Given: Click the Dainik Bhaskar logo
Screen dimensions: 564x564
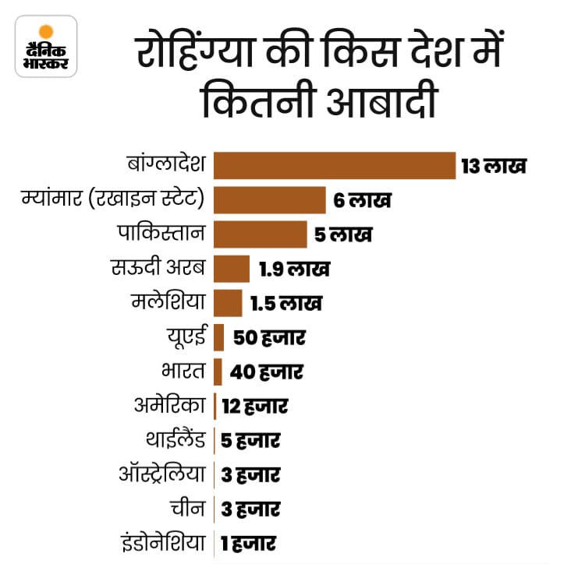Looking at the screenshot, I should [x=46, y=46].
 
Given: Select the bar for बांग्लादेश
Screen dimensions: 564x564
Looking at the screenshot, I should [x=334, y=165].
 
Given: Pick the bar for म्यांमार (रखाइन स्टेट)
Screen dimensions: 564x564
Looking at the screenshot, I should [x=269, y=199].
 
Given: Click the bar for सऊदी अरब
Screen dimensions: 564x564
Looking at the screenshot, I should [x=231, y=269].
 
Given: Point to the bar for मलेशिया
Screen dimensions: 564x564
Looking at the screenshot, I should [x=227, y=302].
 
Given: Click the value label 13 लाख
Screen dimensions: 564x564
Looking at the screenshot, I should [x=494, y=166].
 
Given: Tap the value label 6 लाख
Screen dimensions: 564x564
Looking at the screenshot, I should [x=362, y=200].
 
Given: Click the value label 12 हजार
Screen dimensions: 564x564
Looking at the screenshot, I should [x=254, y=406].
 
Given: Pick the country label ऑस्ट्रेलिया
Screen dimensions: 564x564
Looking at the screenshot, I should [x=165, y=474].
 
